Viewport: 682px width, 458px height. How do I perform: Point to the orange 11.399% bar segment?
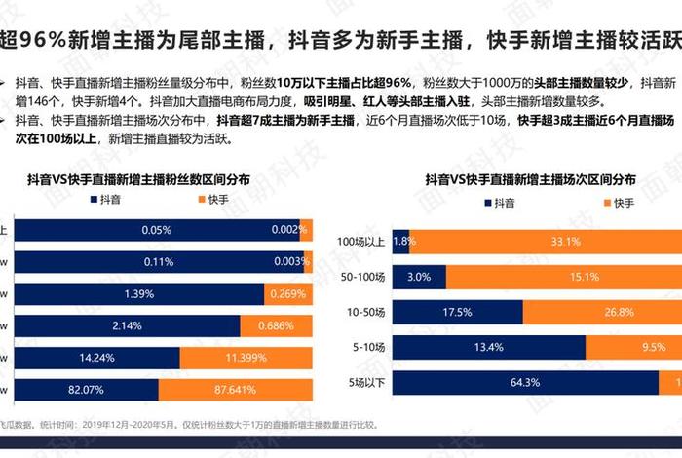click(246, 358)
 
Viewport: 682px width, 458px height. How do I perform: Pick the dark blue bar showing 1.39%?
click(140, 293)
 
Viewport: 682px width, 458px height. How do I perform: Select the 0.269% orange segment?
click(288, 293)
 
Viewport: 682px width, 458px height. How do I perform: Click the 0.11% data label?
click(156, 261)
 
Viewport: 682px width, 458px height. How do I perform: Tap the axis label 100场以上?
click(360, 241)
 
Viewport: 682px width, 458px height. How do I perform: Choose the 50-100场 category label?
click(363, 277)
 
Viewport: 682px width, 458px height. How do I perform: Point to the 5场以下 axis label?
click(366, 383)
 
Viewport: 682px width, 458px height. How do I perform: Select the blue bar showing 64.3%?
click(526, 383)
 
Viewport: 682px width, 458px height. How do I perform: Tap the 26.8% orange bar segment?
click(602, 312)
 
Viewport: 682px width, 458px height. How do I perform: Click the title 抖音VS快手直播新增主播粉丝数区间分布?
click(137, 179)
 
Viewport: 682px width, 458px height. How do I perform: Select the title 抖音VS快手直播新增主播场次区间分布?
click(530, 179)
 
